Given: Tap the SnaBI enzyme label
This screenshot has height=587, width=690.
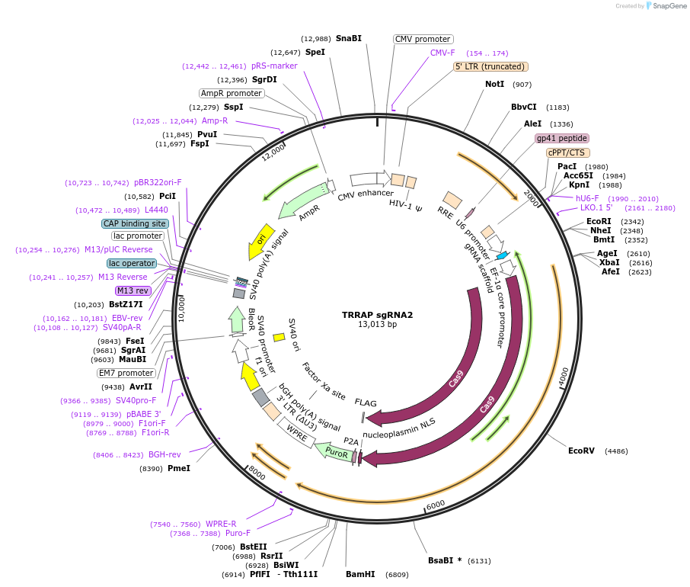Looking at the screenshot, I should [349, 38].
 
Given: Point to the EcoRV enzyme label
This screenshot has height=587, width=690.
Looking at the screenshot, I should [582, 451].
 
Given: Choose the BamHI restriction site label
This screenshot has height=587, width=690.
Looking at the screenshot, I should [360, 574].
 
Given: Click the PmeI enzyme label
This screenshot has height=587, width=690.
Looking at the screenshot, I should [179, 468].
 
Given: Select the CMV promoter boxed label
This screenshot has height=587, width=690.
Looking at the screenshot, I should [423, 39].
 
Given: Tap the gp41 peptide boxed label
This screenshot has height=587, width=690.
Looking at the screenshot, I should [562, 138].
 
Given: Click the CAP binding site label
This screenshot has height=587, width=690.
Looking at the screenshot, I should [135, 223].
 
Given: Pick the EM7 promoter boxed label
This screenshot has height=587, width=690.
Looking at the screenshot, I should [126, 373].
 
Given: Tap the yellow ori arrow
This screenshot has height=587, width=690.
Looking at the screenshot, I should [261, 242].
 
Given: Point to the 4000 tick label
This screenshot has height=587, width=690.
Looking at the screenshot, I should [562, 375].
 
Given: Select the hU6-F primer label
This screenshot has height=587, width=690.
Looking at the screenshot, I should [588, 198].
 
